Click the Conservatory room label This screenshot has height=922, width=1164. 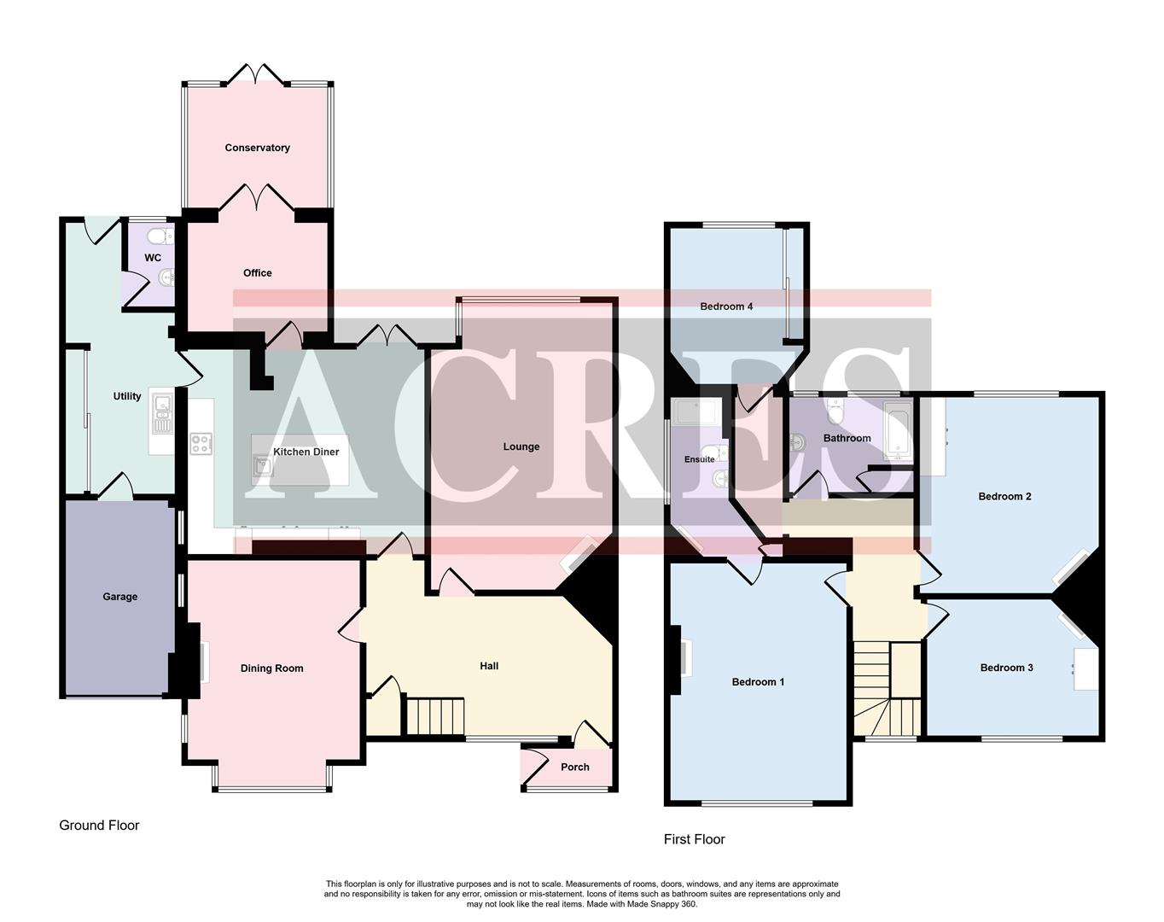[x=257, y=148]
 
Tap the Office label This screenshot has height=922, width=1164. [x=257, y=273]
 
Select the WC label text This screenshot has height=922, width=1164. [x=153, y=258]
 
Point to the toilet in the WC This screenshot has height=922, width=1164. [x=157, y=236]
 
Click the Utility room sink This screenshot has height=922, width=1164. [x=161, y=411]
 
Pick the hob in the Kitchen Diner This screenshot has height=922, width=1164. [x=201, y=444]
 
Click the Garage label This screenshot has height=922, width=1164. [x=119, y=597]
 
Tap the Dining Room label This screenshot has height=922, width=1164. [x=271, y=668]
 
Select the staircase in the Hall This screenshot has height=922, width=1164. [x=434, y=716]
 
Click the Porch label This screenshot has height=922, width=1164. [x=574, y=767]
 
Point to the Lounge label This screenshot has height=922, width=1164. [x=521, y=446]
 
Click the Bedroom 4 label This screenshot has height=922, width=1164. [x=726, y=306]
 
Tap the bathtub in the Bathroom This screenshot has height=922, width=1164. [x=896, y=431]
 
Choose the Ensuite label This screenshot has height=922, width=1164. [x=700, y=459]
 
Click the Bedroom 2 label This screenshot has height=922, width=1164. [x=1004, y=496]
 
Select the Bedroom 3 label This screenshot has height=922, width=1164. [x=1006, y=668]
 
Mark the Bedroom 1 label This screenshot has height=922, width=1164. [x=758, y=681]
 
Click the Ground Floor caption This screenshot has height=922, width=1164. [x=99, y=826]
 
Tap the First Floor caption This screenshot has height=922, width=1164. [x=694, y=839]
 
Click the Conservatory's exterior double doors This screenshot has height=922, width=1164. [x=257, y=75]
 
